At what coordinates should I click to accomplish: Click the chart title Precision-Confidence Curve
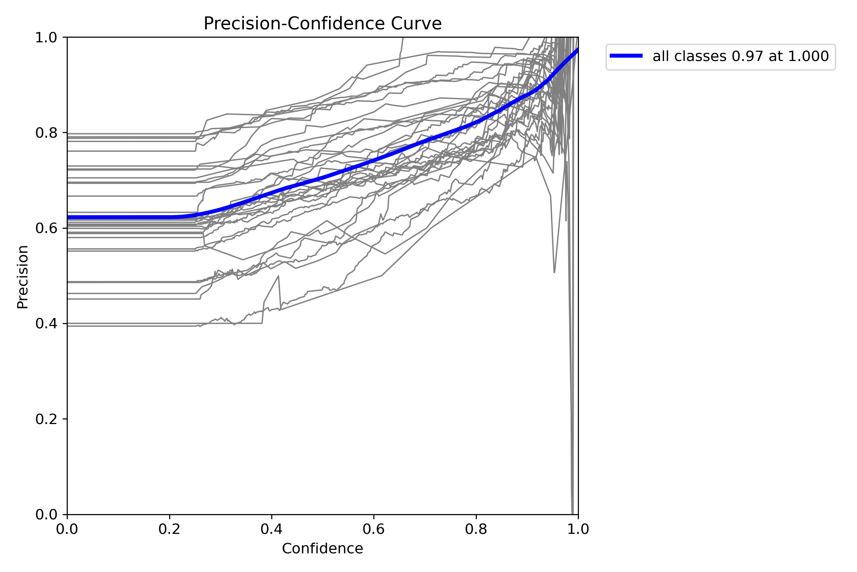pyautogui.click(x=322, y=24)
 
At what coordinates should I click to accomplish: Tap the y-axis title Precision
pyautogui.click(x=23, y=276)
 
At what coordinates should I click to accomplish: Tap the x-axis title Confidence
pyautogui.click(x=322, y=548)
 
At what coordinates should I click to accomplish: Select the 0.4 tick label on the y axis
pyautogui.click(x=46, y=323)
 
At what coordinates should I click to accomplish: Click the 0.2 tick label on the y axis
pyautogui.click(x=46, y=419)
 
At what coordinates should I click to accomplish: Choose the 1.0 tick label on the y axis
pyautogui.click(x=46, y=37)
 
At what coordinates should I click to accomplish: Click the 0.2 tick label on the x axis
pyautogui.click(x=169, y=529)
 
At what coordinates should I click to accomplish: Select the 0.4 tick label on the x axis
pyautogui.click(x=272, y=529)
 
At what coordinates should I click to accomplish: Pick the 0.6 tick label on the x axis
pyautogui.click(x=374, y=529)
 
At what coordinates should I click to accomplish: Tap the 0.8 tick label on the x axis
pyautogui.click(x=476, y=529)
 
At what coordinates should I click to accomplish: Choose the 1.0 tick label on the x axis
pyautogui.click(x=578, y=529)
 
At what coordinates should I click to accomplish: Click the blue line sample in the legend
pyautogui.click(x=626, y=56)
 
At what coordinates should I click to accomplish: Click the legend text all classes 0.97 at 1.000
pyautogui.click(x=740, y=56)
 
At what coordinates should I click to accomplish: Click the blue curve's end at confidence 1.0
pyautogui.click(x=577, y=50)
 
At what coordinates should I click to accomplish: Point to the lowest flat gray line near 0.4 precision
pyautogui.click(x=133, y=326)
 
